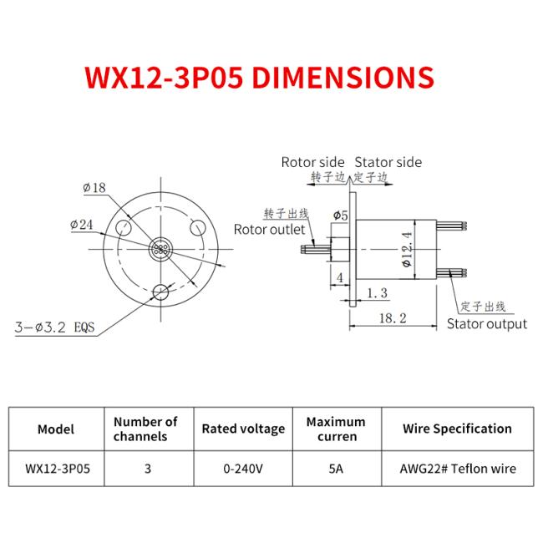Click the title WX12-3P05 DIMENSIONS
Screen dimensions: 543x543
(x=260, y=77)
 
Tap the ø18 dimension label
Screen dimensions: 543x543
(x=94, y=188)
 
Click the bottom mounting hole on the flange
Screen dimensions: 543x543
(x=160, y=292)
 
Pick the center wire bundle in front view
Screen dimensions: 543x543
(x=160, y=251)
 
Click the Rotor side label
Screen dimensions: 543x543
(x=312, y=162)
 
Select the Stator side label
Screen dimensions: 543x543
(x=388, y=162)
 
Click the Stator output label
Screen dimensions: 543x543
(x=487, y=323)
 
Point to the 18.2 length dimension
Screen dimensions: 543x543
(x=392, y=318)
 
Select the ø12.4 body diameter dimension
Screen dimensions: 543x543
(x=407, y=248)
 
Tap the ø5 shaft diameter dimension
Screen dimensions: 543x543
(x=340, y=216)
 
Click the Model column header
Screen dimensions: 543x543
(x=56, y=429)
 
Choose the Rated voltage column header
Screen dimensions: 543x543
(x=243, y=429)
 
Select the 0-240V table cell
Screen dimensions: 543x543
(x=243, y=469)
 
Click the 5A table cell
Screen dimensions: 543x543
(x=336, y=469)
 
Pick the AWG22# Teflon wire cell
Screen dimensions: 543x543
(x=457, y=469)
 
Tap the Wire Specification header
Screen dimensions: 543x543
(x=457, y=429)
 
